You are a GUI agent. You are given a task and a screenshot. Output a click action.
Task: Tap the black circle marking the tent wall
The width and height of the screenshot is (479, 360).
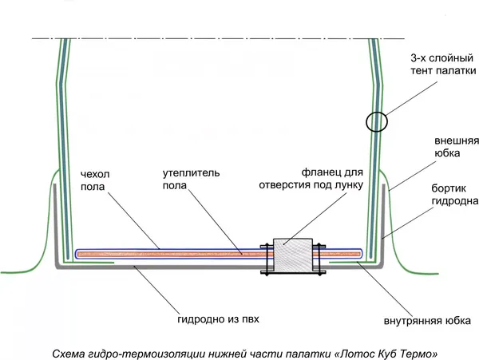point(377,122)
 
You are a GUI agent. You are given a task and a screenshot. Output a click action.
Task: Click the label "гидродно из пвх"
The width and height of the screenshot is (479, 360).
point(217,319)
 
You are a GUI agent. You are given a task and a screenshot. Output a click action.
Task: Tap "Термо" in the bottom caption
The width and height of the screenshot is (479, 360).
point(418,352)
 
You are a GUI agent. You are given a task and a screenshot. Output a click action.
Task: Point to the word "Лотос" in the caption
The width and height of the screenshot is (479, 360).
point(357,352)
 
